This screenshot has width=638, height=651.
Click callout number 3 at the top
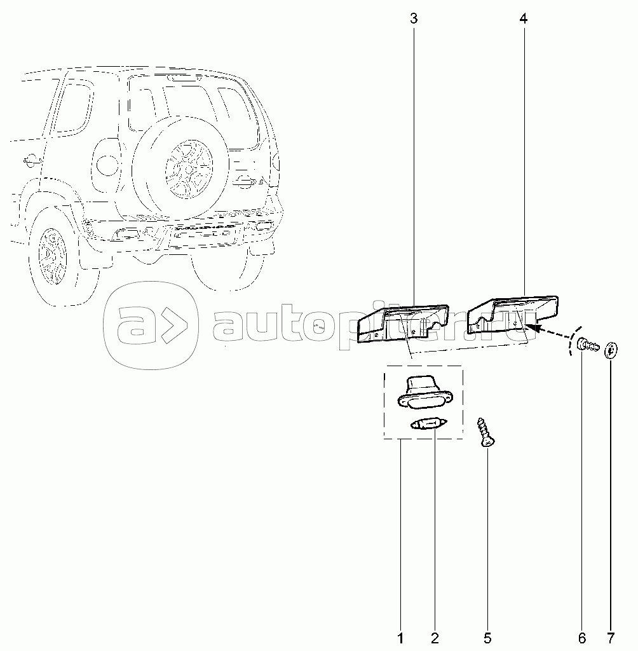pos(414,18)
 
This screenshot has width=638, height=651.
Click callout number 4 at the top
pos(524,18)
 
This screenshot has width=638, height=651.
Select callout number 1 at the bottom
pos(400,637)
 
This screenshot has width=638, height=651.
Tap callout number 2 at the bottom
pos(435,637)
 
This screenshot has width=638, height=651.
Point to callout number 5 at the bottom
pos(487,637)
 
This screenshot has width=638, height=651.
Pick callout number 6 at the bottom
pos(581,637)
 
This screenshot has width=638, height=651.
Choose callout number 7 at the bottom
pos(611,637)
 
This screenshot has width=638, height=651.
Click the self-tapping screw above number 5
pos(484,432)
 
